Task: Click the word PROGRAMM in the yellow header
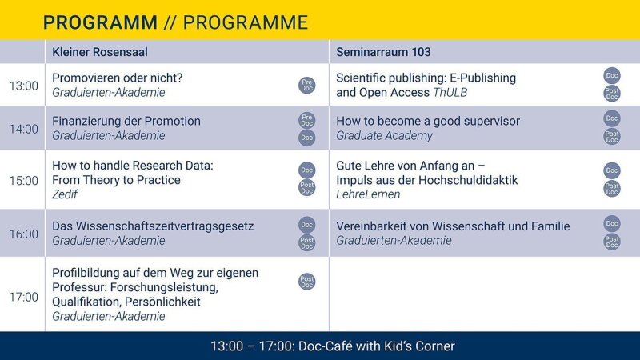100,22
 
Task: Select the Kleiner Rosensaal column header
100,52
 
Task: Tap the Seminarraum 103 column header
383,52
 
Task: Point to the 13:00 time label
24,86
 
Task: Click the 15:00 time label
24,181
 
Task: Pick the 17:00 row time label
24,297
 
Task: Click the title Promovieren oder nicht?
117,78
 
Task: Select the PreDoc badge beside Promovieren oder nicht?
307,86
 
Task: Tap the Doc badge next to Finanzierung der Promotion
307,138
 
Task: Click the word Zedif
65,194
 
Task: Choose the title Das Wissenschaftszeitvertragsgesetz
153,226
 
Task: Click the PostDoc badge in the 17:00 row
307,282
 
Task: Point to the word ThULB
450,92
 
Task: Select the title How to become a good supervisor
428,121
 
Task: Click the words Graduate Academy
384,135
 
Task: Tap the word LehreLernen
368,194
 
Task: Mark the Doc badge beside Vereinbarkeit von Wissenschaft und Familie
612,224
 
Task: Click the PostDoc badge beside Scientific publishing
612,94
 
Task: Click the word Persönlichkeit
162,302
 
